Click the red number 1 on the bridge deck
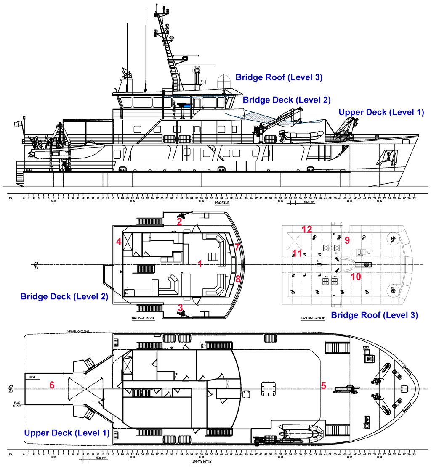click(200, 264)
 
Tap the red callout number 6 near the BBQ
click(52, 385)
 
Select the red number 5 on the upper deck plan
click(324, 385)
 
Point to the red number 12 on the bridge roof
click(307, 229)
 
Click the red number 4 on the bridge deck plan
click(119, 242)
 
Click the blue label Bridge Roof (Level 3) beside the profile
click(279, 77)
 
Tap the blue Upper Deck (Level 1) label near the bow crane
click(381, 112)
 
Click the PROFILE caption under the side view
click(222, 203)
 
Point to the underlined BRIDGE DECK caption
click(144, 318)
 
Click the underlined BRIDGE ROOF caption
click(313, 318)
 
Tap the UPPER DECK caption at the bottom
click(202, 462)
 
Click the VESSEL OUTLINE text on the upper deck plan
click(78, 332)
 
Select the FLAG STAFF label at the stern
click(17, 404)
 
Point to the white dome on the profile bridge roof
click(224, 82)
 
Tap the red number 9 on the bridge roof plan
click(347, 240)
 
